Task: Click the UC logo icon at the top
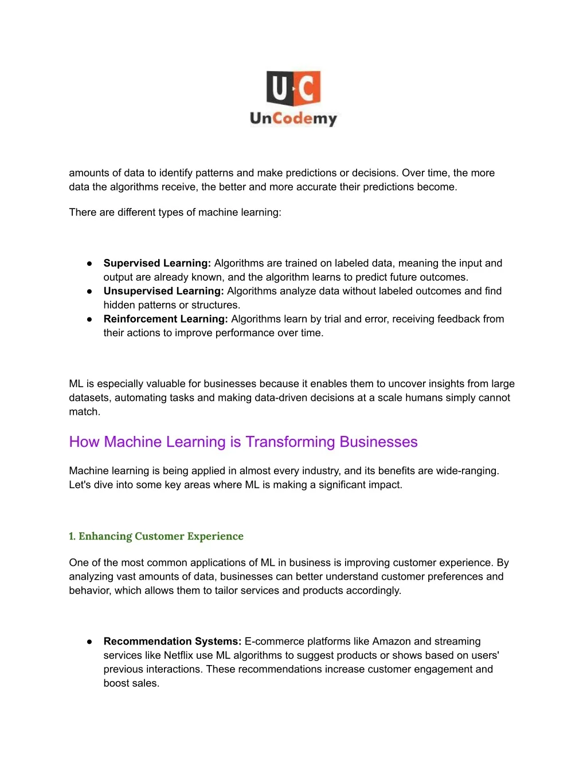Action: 293,88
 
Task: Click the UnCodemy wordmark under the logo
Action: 293,119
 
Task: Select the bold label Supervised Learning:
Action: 157,264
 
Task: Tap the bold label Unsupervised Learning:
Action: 163,291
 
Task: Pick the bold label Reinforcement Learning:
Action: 166,319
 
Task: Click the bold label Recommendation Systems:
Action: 172,642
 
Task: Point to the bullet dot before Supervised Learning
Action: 89,264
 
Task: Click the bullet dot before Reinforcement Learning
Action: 89,319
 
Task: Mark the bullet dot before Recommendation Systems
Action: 89,642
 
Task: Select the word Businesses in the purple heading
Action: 378,442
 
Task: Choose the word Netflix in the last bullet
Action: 178,655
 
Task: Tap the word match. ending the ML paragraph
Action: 84,412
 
